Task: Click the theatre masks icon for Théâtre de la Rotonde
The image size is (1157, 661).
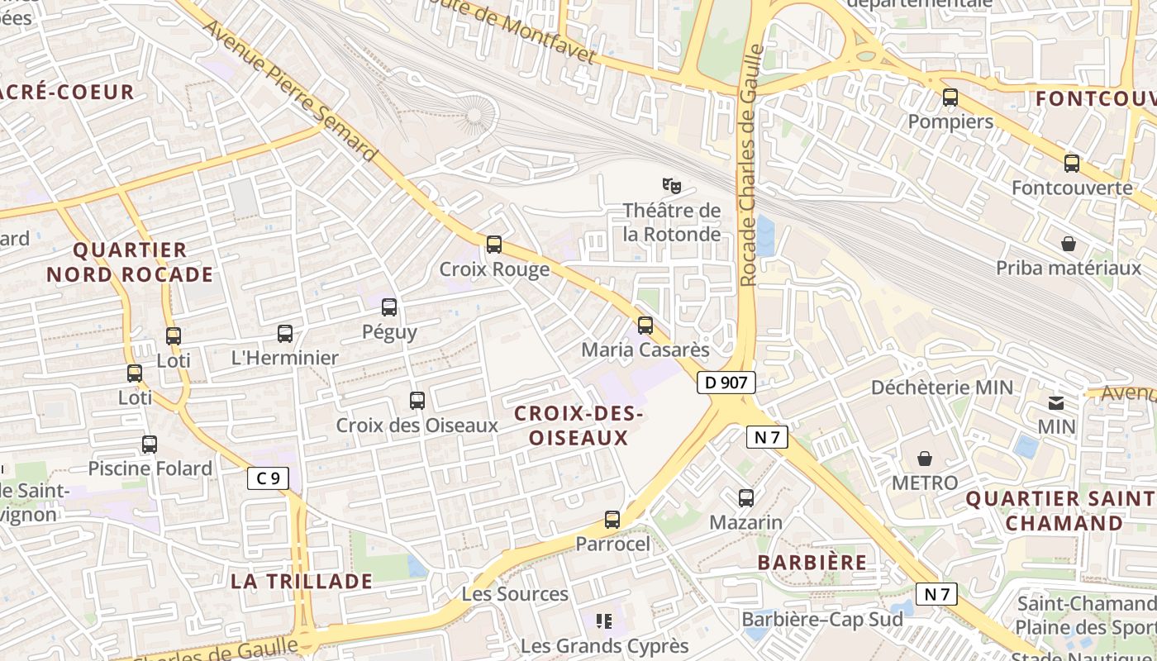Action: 671,186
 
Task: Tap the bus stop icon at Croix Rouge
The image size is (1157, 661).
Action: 494,245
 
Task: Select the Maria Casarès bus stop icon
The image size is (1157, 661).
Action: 645,326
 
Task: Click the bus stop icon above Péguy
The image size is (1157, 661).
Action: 389,308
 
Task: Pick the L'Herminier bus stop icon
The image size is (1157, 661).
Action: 285,334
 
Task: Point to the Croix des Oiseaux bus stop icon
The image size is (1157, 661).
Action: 417,401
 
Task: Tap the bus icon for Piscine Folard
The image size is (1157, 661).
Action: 150,445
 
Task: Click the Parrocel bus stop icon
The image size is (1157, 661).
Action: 612,520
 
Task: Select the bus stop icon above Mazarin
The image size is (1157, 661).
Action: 746,498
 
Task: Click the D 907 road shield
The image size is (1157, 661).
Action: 726,383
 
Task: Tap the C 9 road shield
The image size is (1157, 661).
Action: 268,478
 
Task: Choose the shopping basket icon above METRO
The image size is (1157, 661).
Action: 925,459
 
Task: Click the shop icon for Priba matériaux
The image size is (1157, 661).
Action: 1069,245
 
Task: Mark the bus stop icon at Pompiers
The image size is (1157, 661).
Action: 950,97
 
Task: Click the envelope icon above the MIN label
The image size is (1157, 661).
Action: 1056,403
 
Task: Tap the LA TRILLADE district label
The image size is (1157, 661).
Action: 302,581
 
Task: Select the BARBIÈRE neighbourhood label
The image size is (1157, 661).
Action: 812,563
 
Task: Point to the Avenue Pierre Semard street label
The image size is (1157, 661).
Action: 290,91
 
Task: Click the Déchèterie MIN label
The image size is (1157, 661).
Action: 942,387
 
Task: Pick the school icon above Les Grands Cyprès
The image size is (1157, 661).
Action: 604,621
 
